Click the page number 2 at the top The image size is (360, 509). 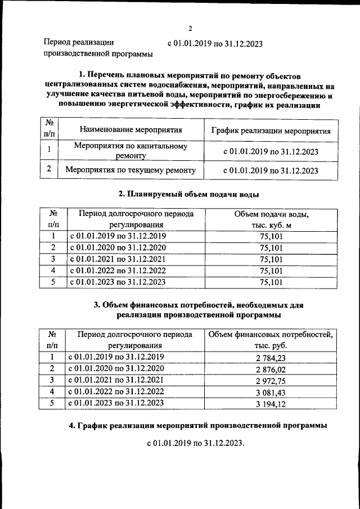190,29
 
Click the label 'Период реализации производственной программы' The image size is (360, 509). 98,48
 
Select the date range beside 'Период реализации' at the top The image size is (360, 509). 215,43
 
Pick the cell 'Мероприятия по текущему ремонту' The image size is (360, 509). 130,170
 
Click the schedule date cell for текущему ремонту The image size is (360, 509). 271,170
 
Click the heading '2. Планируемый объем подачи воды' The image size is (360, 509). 188,195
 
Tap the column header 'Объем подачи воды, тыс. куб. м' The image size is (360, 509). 271,219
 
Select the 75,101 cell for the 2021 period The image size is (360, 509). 271,259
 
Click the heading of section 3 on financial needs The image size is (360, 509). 197,310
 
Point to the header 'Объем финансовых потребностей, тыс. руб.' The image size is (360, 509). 271,340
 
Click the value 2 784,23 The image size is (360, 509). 271,357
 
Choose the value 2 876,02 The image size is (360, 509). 271,369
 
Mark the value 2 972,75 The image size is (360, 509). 271,380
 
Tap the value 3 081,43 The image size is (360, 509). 271,391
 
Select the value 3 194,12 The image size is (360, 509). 271,403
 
